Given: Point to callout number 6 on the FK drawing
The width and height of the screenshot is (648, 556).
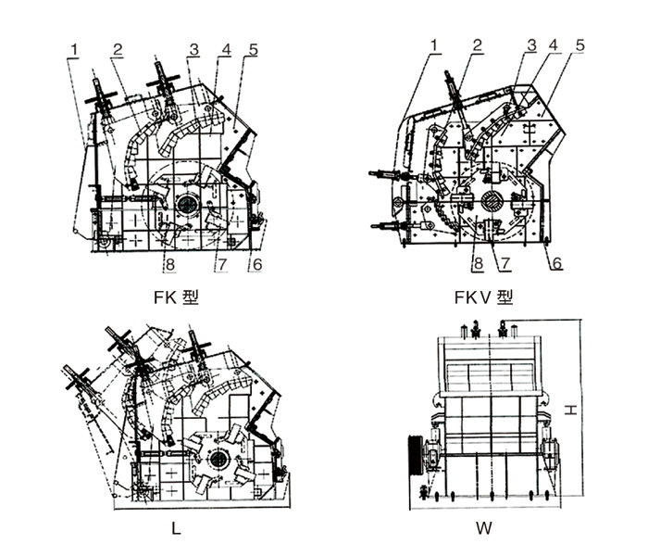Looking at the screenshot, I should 256,265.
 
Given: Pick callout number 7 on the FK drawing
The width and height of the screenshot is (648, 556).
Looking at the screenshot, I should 221,265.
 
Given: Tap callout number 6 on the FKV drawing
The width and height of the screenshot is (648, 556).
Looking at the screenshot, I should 557,262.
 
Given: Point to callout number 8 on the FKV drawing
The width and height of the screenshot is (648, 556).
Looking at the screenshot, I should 478,262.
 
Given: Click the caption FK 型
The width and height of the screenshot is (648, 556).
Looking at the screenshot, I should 176,297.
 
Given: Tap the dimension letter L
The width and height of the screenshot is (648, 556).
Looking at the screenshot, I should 176,530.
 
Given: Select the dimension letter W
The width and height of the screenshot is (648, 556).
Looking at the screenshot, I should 484,530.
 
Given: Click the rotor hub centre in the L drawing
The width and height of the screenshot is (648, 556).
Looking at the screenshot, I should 220,460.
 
